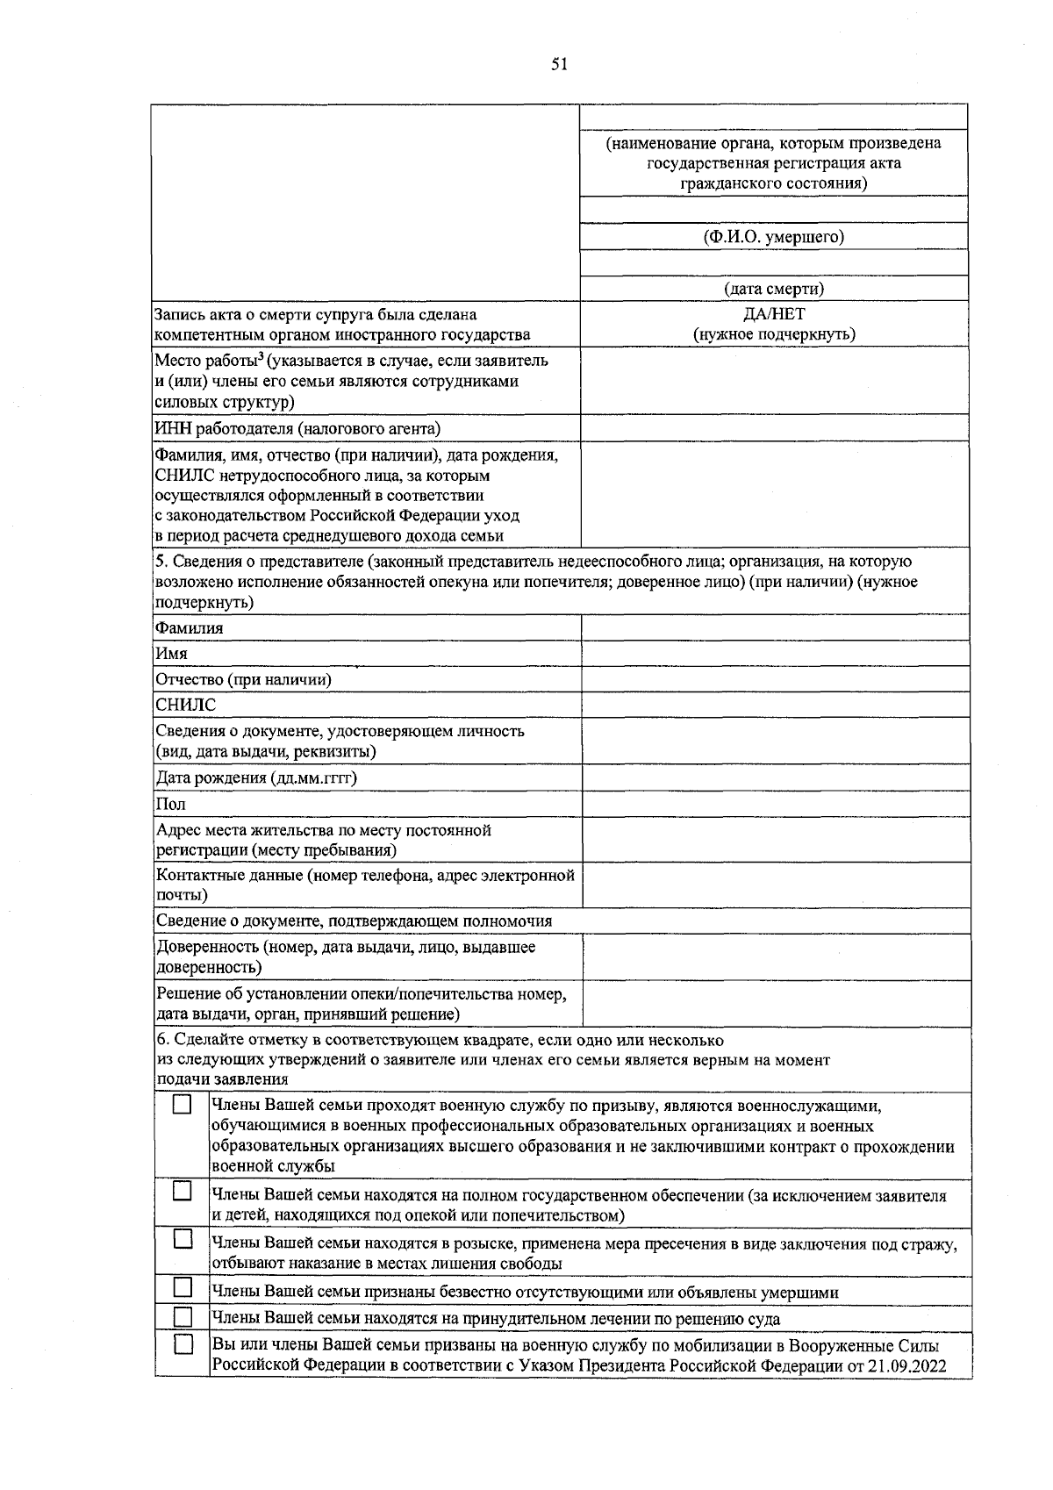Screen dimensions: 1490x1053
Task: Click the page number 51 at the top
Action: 560,63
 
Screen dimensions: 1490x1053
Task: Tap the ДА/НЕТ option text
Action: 773,314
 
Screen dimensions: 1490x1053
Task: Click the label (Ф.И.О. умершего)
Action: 773,237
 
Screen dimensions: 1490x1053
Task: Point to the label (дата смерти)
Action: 773,289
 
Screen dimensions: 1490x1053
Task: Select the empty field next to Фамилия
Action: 775,628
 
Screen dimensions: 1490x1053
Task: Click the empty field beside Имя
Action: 775,654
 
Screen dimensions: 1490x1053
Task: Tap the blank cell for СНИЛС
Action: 775,705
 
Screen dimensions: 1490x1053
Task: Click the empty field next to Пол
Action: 775,804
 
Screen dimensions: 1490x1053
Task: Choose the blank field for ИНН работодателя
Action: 773,428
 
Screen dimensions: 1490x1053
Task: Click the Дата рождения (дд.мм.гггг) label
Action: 256,778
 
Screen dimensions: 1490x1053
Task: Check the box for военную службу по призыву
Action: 182,1105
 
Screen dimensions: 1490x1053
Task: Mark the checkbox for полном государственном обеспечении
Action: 182,1191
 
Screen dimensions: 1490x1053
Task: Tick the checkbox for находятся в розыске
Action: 182,1239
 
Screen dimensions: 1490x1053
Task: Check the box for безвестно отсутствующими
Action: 182,1287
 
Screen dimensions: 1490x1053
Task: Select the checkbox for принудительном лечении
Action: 182,1317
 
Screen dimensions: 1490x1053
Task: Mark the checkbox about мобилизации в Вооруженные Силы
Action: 182,1344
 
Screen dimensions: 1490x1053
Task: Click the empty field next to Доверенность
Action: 775,957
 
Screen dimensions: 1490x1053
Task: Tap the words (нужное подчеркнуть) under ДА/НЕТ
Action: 773,334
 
